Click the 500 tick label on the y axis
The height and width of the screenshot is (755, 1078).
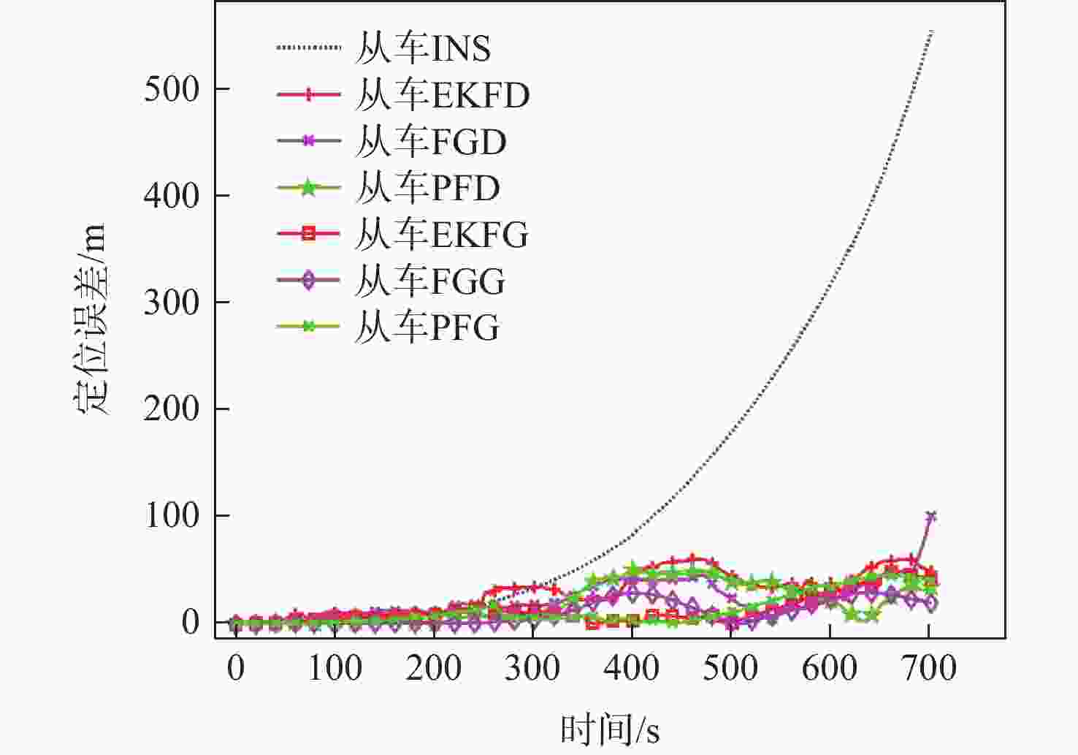(x=172, y=89)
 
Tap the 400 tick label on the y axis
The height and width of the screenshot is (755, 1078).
(x=172, y=196)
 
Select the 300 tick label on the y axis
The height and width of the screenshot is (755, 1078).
(x=172, y=303)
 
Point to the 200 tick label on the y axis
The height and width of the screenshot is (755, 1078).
(x=172, y=409)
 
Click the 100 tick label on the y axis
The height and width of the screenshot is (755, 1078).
(x=172, y=516)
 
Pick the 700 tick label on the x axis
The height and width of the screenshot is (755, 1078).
(x=928, y=668)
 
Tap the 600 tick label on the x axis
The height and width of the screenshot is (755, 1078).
(x=830, y=668)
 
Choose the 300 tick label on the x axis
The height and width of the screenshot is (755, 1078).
(x=532, y=668)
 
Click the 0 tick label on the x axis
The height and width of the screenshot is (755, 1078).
(x=236, y=668)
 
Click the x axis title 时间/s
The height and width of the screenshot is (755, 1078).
(x=610, y=729)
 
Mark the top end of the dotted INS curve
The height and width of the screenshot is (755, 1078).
(x=931, y=31)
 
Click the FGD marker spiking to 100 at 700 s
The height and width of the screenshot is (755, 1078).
(x=930, y=517)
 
